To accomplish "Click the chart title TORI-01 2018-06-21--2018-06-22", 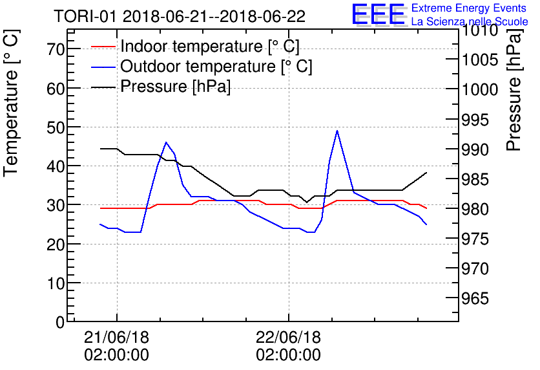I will [x=180, y=16].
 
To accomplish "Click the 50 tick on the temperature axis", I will [x=56, y=127].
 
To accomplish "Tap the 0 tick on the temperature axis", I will [x=60, y=322].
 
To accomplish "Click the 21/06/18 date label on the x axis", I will [x=116, y=338].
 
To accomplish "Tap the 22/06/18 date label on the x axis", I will [x=288, y=338].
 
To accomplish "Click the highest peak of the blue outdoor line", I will [x=337, y=131].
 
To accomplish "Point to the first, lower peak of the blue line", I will [x=166, y=142].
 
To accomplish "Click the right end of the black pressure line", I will [x=427, y=173].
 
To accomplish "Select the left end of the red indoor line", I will [x=101, y=208].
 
